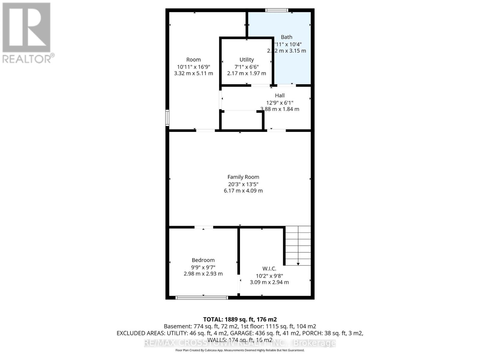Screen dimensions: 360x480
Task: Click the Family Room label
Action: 243,177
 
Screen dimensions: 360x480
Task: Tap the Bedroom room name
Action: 203,260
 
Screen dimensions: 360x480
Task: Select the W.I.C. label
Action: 269,268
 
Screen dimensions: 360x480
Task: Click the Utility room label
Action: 247,60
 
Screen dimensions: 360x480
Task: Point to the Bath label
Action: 286,37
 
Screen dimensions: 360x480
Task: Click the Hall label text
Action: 280,95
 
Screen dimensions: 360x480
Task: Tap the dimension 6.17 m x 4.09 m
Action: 243,190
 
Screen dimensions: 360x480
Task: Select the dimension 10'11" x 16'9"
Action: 193,67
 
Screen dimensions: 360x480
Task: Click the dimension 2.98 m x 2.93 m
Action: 203,274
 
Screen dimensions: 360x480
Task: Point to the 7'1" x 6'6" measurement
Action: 247,67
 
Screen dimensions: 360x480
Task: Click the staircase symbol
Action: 298,244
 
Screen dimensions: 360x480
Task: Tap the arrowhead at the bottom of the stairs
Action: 298,264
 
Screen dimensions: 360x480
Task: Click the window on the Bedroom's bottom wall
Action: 202,298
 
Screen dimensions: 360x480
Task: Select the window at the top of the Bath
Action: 277,10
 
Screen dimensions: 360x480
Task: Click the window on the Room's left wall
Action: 167,118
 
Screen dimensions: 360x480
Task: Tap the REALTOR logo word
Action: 28,58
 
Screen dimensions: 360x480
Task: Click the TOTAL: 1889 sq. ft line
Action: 240,319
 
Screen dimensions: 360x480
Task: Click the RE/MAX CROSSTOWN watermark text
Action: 240,343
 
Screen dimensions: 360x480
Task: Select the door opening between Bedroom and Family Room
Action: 204,227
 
